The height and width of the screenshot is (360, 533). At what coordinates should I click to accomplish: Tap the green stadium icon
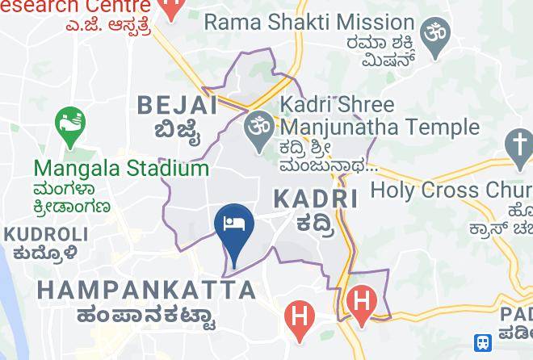pos(70,125)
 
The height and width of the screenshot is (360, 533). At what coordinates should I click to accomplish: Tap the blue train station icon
pos(483,343)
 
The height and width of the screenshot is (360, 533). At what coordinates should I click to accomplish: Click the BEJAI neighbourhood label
pos(177,105)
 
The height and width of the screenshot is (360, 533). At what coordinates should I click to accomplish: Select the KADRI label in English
pos(315,199)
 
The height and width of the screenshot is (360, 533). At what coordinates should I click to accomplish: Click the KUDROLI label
pos(46,235)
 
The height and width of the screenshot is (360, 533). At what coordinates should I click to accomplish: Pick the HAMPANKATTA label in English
pos(146,290)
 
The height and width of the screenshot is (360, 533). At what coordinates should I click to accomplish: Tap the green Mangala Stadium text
pos(121,169)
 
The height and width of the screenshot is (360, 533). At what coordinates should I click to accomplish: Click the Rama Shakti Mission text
pos(309,22)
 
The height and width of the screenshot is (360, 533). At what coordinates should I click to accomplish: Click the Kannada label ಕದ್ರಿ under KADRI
pos(313,223)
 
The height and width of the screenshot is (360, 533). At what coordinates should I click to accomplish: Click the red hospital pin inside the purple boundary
pos(361,303)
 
